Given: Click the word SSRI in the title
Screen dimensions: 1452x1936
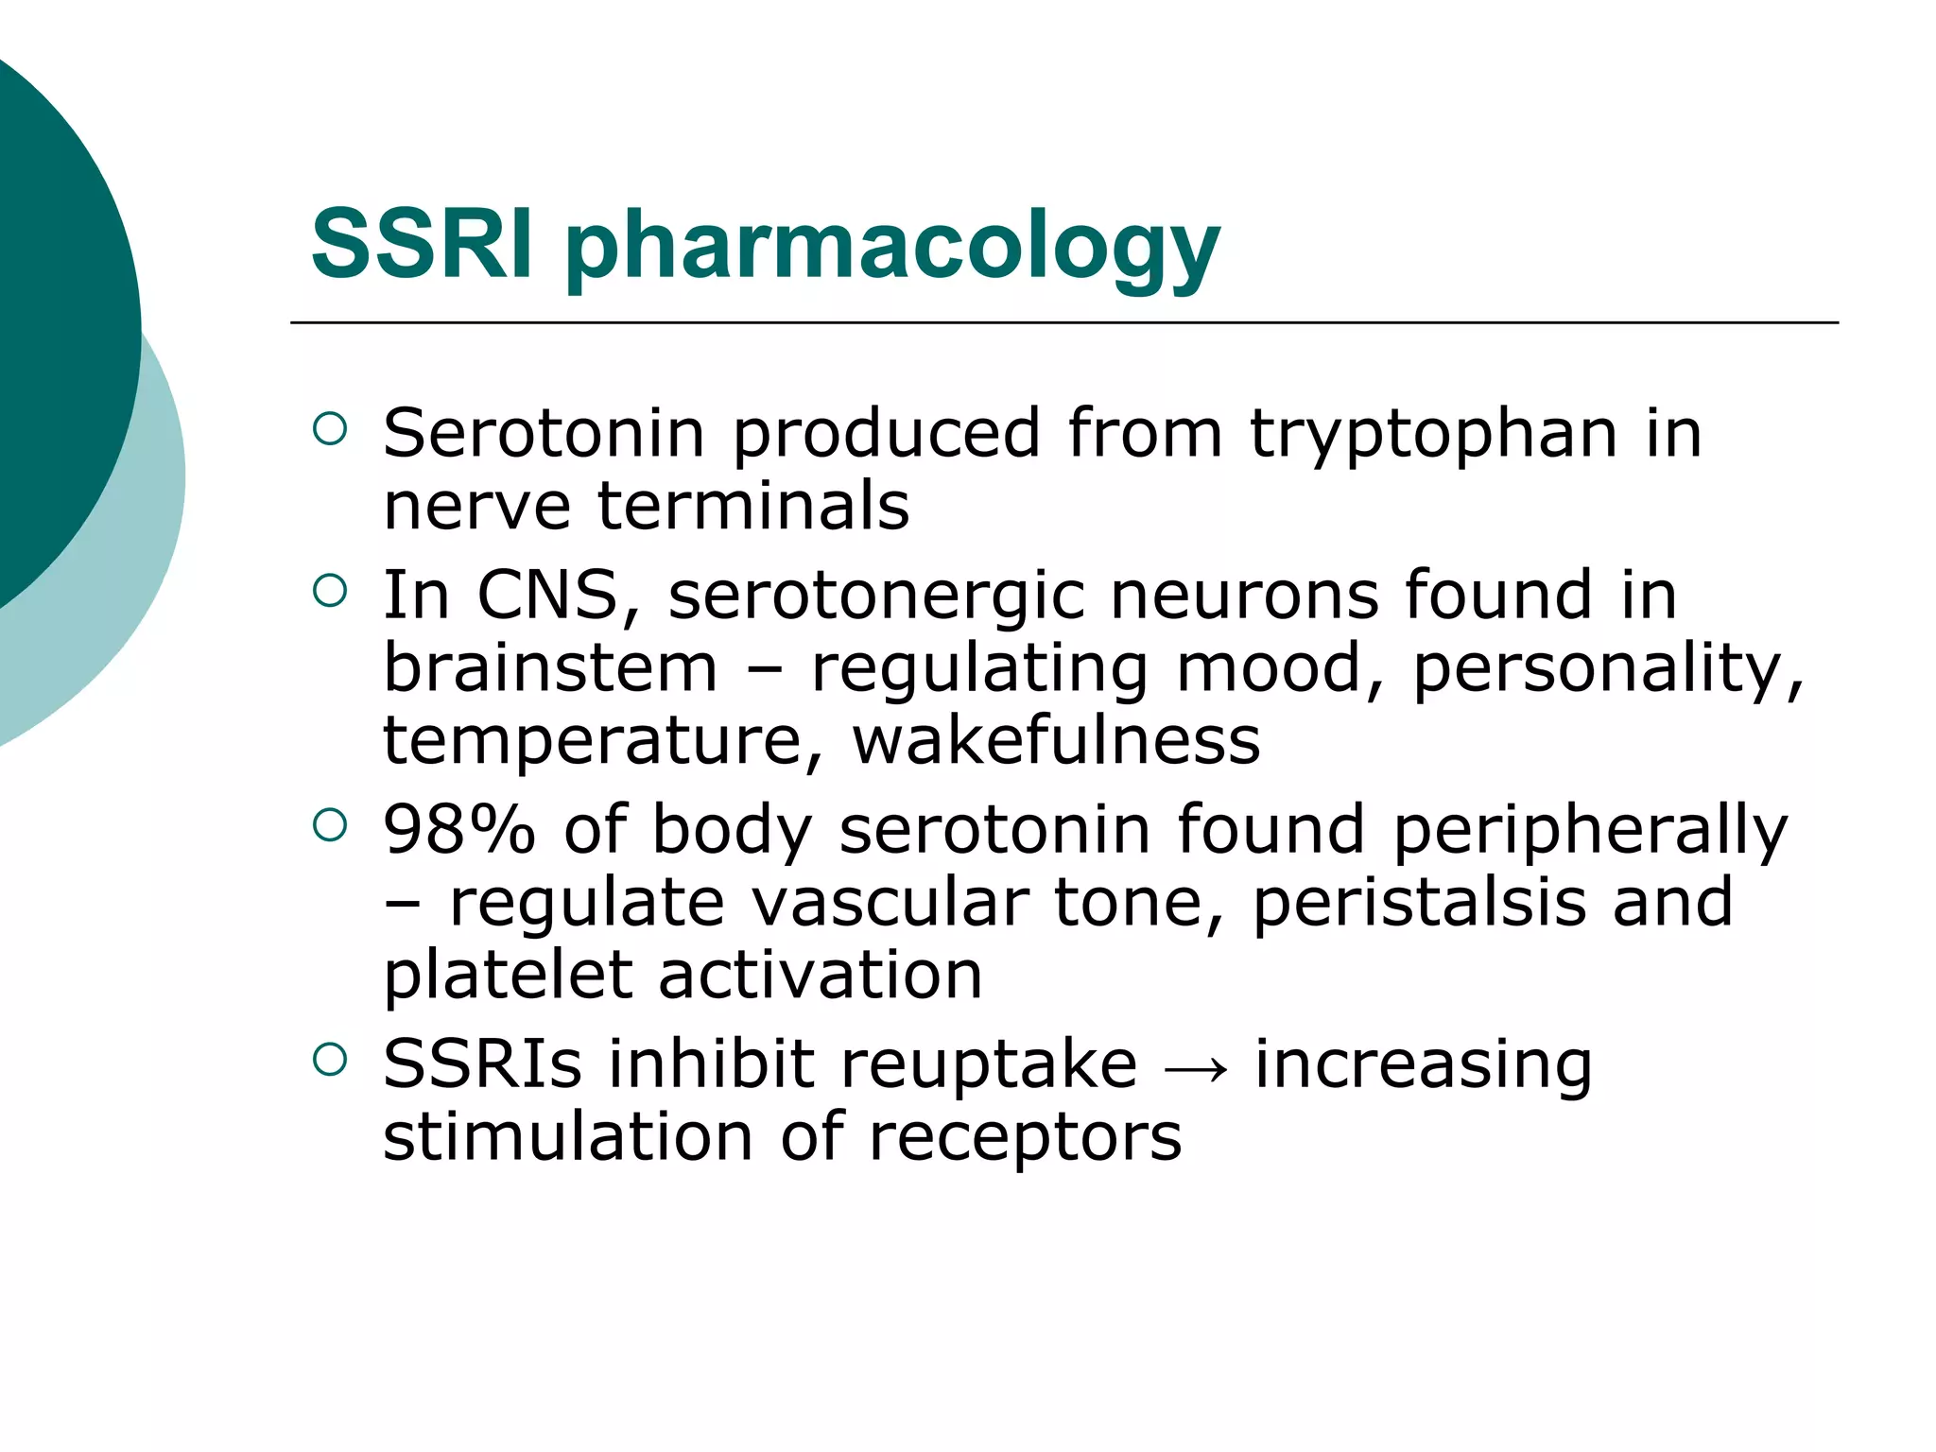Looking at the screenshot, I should point(422,244).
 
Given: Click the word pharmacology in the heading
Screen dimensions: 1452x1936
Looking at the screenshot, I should point(892,248).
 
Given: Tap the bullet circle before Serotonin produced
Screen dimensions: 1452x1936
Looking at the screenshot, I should point(330,430).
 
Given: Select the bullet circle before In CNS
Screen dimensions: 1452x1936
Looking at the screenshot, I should point(330,592).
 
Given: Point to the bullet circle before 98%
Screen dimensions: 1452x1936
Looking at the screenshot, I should point(330,826).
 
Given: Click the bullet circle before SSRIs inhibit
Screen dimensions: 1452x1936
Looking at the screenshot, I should point(330,1060).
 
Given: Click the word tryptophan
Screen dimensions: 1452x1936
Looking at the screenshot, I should point(1433,437).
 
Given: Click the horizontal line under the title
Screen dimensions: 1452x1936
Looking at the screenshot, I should point(1063,323).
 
